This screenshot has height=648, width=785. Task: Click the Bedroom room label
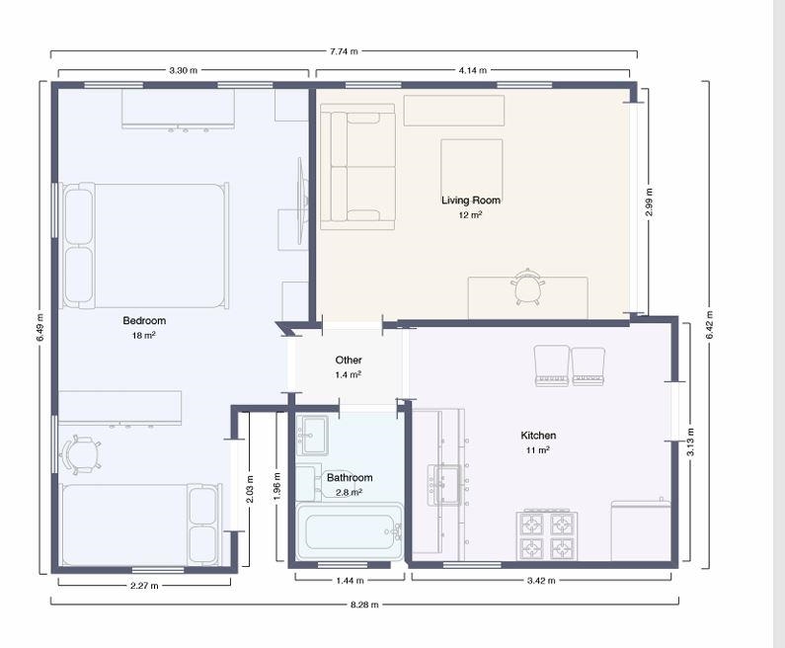144,320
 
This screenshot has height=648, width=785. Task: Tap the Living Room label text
471,201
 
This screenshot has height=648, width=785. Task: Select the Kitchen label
538,436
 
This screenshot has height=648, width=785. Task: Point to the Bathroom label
350,478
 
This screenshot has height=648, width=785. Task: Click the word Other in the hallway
349,361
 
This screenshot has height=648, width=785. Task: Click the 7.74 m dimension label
344,51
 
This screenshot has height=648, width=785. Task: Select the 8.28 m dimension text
364,605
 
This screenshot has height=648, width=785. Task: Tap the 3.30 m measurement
184,70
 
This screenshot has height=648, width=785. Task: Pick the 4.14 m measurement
473,70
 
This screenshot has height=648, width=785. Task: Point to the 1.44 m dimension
350,581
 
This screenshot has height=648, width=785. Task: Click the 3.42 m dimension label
541,581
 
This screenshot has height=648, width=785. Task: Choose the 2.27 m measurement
144,585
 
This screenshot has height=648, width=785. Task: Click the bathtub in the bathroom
349,531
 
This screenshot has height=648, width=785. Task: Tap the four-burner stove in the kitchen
547,535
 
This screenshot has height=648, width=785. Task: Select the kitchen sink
444,485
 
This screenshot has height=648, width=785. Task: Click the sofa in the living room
357,167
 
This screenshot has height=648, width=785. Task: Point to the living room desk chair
527,286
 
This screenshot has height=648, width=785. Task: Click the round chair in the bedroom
80,454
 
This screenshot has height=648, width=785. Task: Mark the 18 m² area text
144,335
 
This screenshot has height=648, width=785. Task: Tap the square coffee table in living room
472,170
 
